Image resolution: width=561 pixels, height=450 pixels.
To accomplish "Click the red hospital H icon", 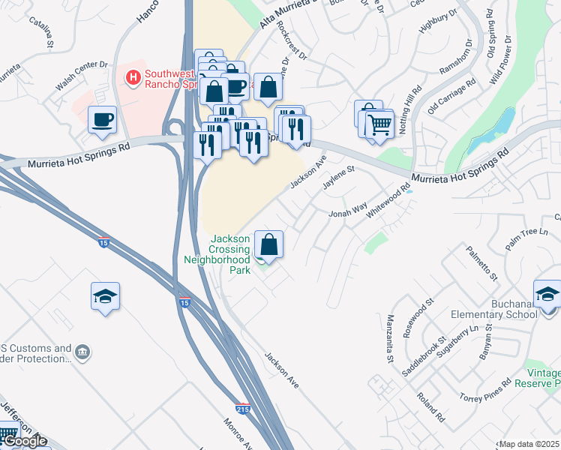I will click(x=133, y=76).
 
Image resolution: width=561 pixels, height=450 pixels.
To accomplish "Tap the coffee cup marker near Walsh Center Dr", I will click(x=102, y=119).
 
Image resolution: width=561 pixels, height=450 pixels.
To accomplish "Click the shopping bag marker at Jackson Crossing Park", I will click(x=268, y=244).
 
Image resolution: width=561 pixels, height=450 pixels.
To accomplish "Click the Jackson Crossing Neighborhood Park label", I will click(x=217, y=253).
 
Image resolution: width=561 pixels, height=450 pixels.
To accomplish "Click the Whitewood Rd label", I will click(x=389, y=202).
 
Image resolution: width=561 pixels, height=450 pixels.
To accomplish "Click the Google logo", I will click(x=25, y=441).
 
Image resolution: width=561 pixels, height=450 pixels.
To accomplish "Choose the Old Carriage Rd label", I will click(x=451, y=96).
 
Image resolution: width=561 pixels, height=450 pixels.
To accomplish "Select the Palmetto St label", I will click(x=481, y=265).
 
